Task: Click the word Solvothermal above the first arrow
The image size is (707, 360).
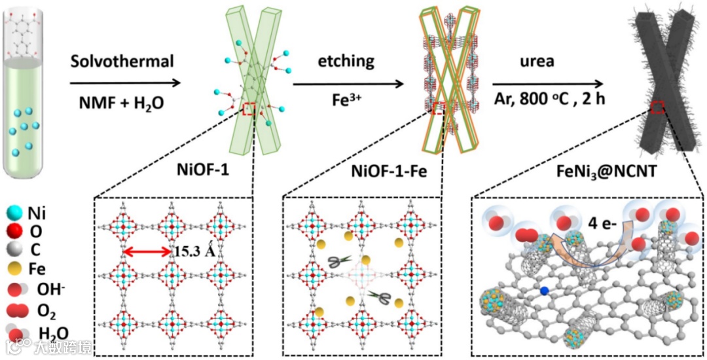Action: click(122, 62)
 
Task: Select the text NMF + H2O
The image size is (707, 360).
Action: click(122, 102)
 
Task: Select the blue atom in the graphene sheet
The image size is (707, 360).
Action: click(544, 290)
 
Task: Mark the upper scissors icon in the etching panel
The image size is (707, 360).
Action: click(339, 262)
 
